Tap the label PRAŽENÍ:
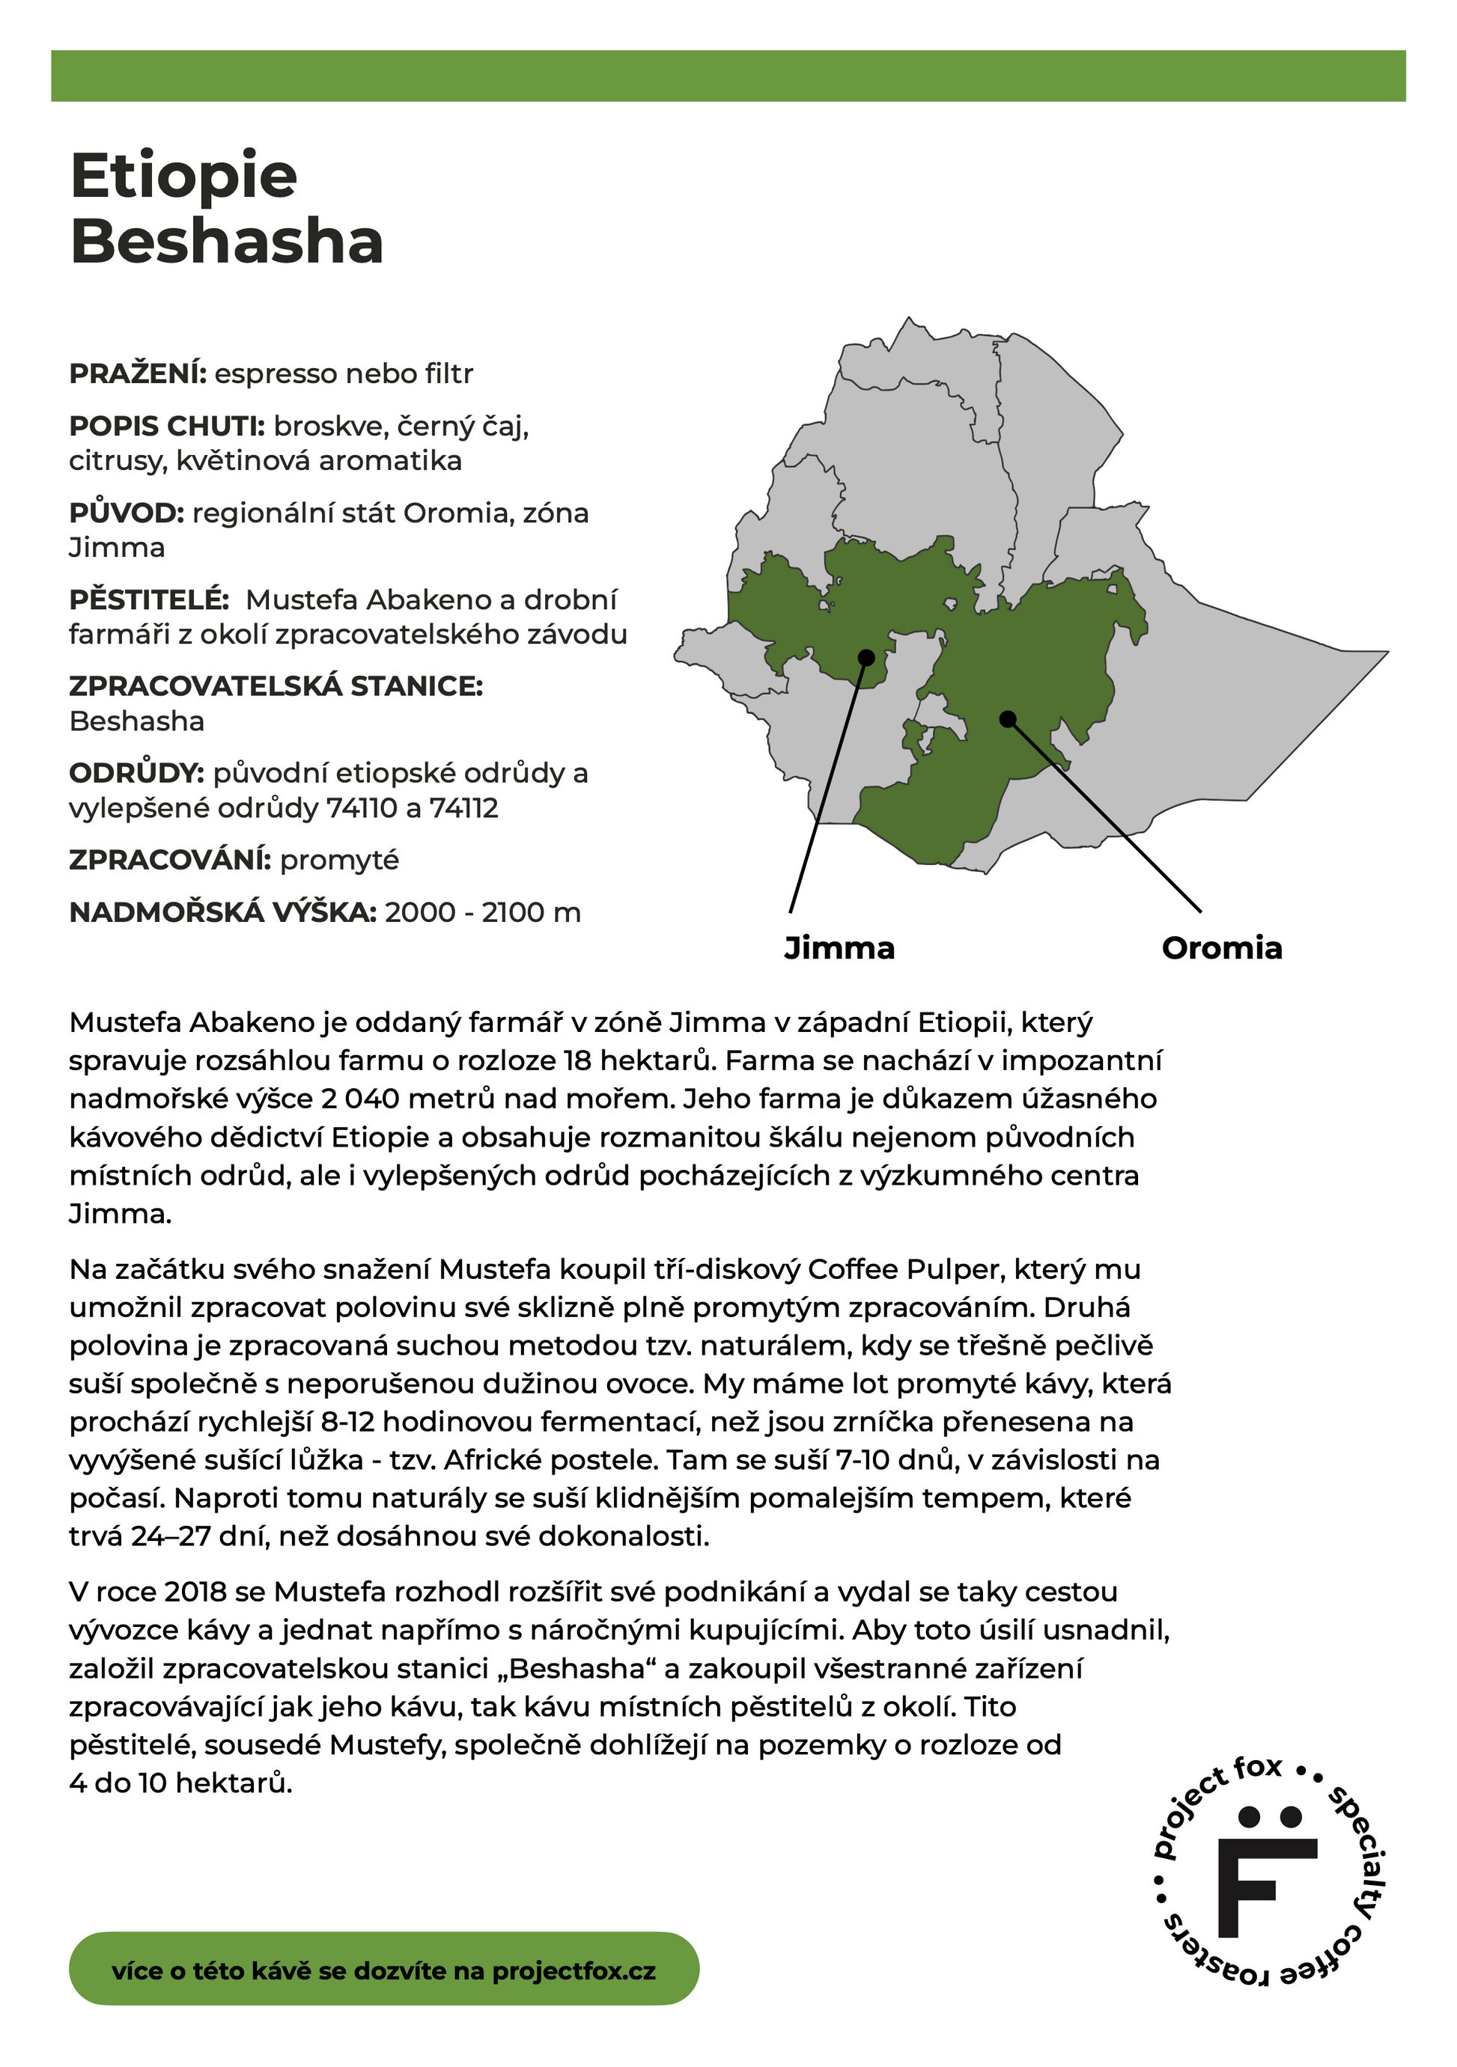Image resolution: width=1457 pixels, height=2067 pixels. [x=138, y=373]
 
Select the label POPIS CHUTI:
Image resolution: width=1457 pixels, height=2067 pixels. [x=167, y=426]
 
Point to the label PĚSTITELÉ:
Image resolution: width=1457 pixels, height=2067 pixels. [x=148, y=599]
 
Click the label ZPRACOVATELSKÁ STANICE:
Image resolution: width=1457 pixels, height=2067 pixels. [x=276, y=686]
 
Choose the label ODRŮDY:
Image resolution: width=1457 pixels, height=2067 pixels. [x=136, y=773]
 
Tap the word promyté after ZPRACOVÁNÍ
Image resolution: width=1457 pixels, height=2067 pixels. [x=339, y=861]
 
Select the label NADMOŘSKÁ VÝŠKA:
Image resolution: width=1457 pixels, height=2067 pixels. [x=222, y=913]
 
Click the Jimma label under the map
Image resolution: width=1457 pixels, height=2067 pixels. [x=839, y=948]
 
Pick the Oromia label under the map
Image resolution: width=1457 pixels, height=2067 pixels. [x=1221, y=948]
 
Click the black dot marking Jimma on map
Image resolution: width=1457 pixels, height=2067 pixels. [x=866, y=657]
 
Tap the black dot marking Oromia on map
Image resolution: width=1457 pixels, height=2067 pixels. [x=1008, y=718]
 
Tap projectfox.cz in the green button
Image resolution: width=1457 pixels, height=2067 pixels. [x=574, y=1970]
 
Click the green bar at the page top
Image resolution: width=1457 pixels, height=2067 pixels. [x=728, y=76]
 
